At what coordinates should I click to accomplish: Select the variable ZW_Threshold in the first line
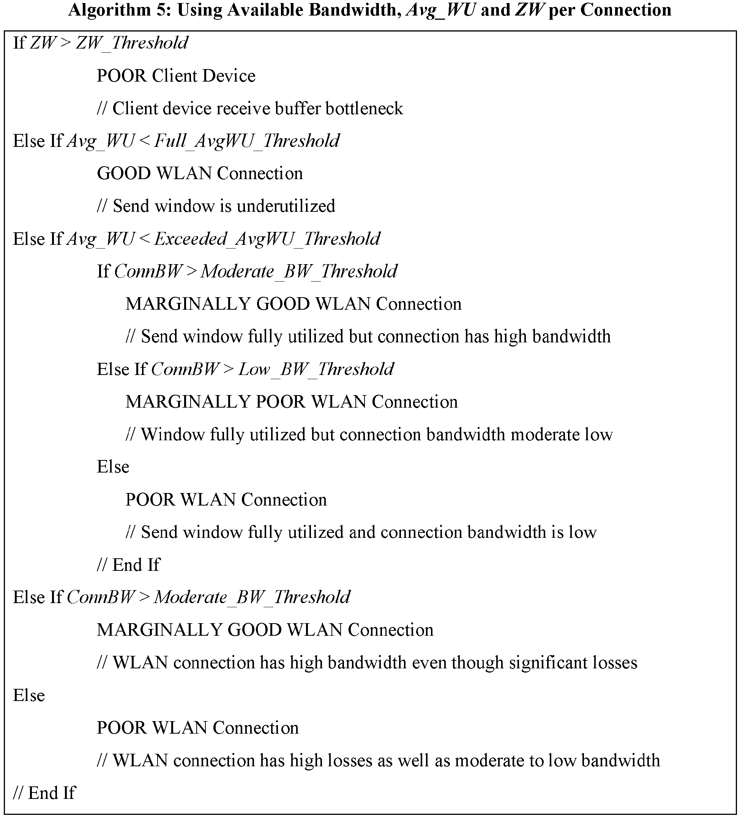coord(132,43)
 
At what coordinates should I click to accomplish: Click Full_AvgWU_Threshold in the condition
coord(246,141)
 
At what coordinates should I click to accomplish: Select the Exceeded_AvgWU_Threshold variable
coord(267,239)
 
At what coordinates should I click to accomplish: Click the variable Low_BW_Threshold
coord(316,369)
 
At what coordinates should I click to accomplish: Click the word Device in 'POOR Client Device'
coord(229,76)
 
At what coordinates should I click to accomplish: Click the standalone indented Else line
coord(112,467)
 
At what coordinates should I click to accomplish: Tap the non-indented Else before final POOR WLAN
coord(29,695)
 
